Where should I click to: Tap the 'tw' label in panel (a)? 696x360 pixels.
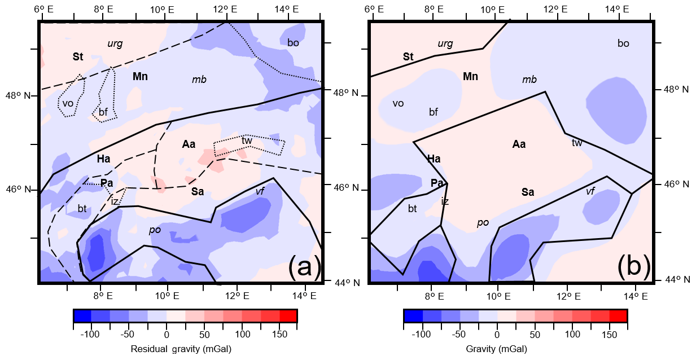(x=247, y=141)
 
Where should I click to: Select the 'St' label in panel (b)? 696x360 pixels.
(x=408, y=56)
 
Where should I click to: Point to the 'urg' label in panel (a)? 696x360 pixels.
(x=115, y=43)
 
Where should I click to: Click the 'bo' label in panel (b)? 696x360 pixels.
(x=623, y=43)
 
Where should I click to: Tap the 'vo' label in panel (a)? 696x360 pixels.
(x=68, y=103)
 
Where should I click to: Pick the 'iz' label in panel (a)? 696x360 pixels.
(x=115, y=201)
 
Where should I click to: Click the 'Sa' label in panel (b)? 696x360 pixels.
(x=528, y=192)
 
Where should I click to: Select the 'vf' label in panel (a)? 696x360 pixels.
(x=260, y=191)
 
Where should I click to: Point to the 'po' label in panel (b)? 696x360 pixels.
(x=483, y=223)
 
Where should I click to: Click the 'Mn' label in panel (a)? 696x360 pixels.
(x=140, y=76)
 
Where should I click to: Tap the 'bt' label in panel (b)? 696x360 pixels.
(x=413, y=209)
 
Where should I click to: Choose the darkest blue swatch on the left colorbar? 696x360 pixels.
(x=82, y=316)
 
